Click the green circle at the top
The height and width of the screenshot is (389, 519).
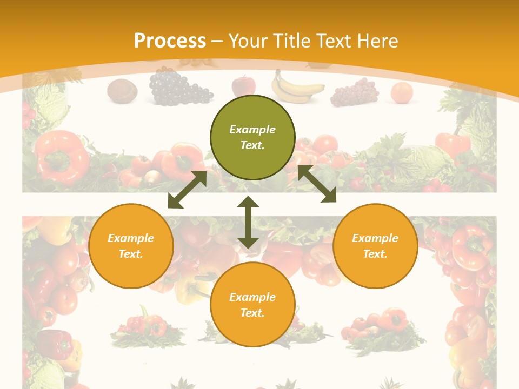(x=252, y=137)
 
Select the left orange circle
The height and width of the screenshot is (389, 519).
(x=131, y=246)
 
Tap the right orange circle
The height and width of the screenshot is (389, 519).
(x=375, y=246)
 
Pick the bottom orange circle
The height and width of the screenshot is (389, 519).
(x=252, y=305)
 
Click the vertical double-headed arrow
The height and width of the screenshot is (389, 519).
(x=248, y=222)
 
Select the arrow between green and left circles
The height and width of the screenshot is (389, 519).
(x=187, y=190)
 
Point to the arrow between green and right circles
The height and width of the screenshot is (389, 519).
(x=317, y=184)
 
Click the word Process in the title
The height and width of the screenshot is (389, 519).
(x=170, y=41)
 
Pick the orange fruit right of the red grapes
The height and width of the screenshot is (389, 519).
(x=401, y=92)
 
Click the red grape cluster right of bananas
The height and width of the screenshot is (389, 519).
(x=355, y=92)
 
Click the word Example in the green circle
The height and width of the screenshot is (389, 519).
(x=252, y=130)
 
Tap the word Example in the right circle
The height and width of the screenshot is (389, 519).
(x=375, y=238)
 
